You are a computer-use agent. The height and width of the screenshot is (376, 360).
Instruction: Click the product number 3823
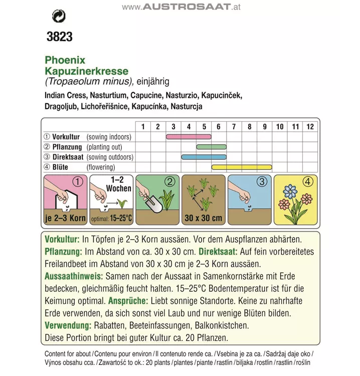pos(59,37)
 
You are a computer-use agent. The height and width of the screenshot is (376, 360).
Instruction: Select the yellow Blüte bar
pos(242,167)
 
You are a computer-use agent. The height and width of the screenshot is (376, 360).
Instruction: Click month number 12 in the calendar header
pos(310,126)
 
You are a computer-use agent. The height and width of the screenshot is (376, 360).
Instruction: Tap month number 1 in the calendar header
pos(143,126)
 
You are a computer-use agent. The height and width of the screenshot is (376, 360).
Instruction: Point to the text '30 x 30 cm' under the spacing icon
pos(204,219)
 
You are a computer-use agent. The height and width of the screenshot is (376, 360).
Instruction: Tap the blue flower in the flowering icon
pos(290,191)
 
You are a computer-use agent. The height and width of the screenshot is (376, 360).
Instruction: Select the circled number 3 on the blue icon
pos(262,181)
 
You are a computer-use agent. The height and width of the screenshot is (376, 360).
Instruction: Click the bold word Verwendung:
pos(69,325)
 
